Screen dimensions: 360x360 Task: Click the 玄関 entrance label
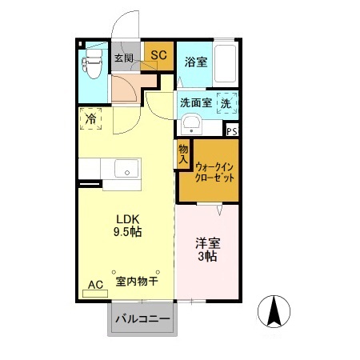click(x=122, y=58)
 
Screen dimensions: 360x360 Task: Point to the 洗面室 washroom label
click(x=195, y=102)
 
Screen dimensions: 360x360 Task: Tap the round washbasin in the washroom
click(x=190, y=123)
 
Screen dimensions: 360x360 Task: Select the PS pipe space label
click(x=232, y=132)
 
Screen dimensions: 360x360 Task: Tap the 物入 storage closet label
click(x=183, y=154)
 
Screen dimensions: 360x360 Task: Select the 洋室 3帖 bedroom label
click(x=207, y=249)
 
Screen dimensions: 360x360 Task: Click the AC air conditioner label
click(x=95, y=284)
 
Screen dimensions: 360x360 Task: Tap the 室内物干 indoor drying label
click(x=136, y=282)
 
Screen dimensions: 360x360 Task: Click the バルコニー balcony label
click(x=142, y=320)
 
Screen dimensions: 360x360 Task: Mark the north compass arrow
click(x=277, y=310)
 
